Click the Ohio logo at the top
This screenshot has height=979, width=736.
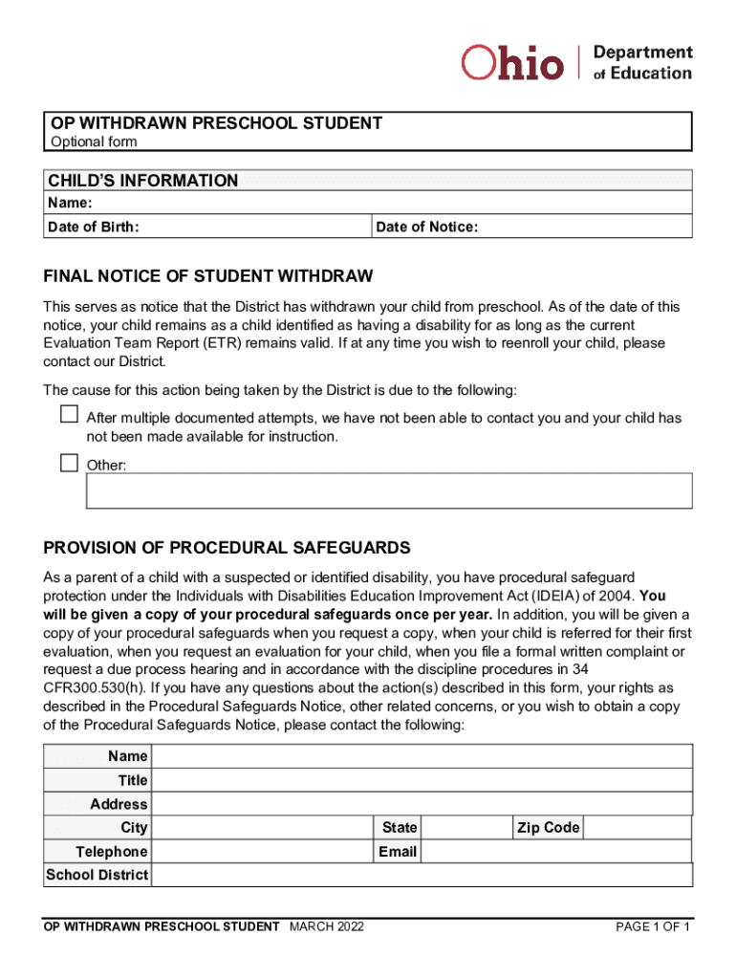(x=512, y=63)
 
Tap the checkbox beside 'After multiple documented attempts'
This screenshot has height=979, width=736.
(x=69, y=415)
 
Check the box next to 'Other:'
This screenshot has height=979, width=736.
(x=69, y=464)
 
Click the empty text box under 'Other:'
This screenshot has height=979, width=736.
(x=389, y=490)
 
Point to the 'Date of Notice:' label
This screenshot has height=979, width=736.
(x=427, y=227)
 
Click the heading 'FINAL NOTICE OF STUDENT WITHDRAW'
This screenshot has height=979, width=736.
(x=208, y=276)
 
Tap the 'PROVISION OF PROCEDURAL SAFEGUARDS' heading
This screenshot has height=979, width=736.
(x=227, y=548)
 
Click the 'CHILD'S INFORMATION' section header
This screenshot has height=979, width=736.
(x=143, y=181)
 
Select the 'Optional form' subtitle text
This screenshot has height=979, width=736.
(x=94, y=141)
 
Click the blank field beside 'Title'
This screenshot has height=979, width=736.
(x=422, y=780)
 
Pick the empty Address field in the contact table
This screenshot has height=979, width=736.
(x=422, y=804)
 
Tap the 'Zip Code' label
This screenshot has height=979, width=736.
(x=548, y=827)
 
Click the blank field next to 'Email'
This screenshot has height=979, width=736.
(x=556, y=851)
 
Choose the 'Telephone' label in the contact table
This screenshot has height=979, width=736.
(x=112, y=851)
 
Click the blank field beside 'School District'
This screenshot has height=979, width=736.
(x=422, y=875)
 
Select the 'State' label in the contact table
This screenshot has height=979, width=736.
(x=400, y=827)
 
